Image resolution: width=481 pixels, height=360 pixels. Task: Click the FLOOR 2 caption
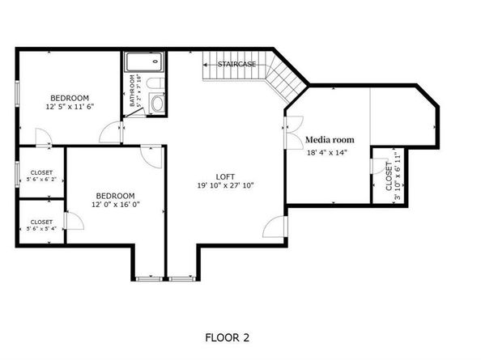point(227,337)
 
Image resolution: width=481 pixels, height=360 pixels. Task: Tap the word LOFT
point(225,177)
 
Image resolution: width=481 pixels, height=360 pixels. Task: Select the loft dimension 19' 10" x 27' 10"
point(225,185)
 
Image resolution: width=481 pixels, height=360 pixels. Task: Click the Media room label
point(330,140)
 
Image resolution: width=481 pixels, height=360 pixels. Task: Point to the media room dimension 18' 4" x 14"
point(327,152)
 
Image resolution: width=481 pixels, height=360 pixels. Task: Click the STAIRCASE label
point(236,65)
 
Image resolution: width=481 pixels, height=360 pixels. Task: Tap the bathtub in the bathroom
point(144,61)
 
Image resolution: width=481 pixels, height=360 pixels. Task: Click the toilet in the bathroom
point(155,83)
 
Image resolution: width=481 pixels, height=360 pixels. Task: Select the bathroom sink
point(157,104)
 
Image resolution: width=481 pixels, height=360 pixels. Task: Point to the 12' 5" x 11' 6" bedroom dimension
point(70,107)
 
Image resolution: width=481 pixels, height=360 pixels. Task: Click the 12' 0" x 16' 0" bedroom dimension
point(116,205)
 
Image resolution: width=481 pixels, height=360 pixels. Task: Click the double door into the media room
point(295,133)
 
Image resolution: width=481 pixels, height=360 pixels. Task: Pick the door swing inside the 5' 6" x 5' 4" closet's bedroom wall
point(74,221)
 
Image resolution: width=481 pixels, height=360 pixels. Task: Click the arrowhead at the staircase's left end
point(205,65)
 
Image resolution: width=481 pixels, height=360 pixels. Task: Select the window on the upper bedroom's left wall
point(18,94)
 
